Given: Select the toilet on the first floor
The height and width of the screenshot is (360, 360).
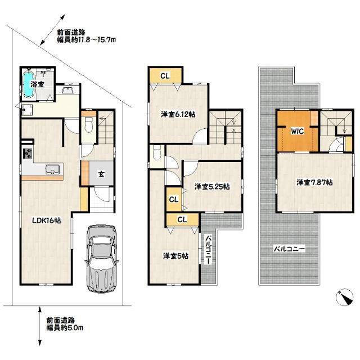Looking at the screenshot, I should (x=87, y=126).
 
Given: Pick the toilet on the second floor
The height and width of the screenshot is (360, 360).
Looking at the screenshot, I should (x=157, y=152).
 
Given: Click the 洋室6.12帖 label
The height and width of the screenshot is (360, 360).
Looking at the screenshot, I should (x=178, y=114).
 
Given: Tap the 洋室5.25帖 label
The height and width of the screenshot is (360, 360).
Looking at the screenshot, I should (x=211, y=186).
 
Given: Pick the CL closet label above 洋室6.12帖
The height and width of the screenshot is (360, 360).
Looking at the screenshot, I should (x=165, y=75).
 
